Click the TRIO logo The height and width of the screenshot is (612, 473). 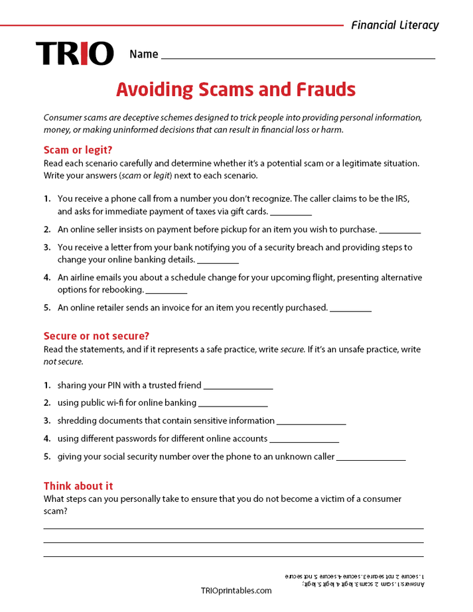click(x=74, y=54)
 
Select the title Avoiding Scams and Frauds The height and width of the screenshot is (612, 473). click(x=236, y=90)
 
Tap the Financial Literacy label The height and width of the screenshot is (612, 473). click(x=395, y=25)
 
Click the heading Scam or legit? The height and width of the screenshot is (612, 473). click(x=78, y=150)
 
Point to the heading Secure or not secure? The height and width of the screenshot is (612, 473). click(x=96, y=336)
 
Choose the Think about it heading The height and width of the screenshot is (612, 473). click(x=78, y=486)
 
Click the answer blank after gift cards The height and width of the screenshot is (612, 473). click(x=291, y=214)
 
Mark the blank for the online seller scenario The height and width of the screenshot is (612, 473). click(x=400, y=231)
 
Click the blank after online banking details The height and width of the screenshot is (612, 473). click(x=218, y=261)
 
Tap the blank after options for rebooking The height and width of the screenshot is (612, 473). click(x=167, y=292)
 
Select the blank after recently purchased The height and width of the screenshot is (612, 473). click(x=351, y=310)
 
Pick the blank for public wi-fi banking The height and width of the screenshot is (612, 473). click(x=233, y=404)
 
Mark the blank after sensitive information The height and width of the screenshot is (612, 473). click(x=311, y=422)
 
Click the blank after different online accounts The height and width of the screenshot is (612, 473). click(x=304, y=440)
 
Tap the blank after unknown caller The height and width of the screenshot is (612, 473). click(x=372, y=458)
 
